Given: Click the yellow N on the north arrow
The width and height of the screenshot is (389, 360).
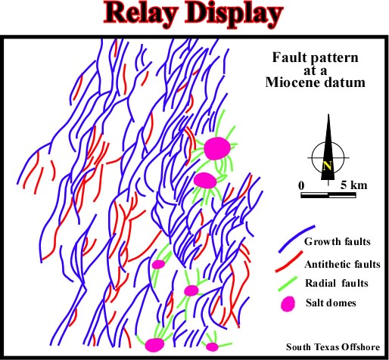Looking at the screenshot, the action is pos(327,166).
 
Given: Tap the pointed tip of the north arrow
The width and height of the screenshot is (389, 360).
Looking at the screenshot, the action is pos(328,114).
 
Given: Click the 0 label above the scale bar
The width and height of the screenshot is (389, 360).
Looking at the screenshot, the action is pos(301,185).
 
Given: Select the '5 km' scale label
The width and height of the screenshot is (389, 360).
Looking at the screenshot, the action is pos(353,185).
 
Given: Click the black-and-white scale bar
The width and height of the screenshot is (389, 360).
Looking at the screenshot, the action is pos(328,195).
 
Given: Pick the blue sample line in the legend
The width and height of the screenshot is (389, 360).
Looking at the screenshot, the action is pos(297,239).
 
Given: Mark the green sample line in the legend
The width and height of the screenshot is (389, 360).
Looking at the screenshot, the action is pos(288,284).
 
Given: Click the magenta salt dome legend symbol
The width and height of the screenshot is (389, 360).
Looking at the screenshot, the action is pos(288,304).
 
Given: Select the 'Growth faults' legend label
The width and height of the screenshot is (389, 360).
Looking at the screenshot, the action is pos(338,241).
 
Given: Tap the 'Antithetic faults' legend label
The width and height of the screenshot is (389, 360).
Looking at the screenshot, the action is pos(342,264).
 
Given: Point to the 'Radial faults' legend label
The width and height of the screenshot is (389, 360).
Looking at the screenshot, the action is pos(337,283).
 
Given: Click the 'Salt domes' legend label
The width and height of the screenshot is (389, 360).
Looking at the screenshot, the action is pos(331,303).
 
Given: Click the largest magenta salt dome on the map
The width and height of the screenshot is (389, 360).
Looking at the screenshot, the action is pos(217,148).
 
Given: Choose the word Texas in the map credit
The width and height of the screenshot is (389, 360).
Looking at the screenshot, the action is pos(325,347).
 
